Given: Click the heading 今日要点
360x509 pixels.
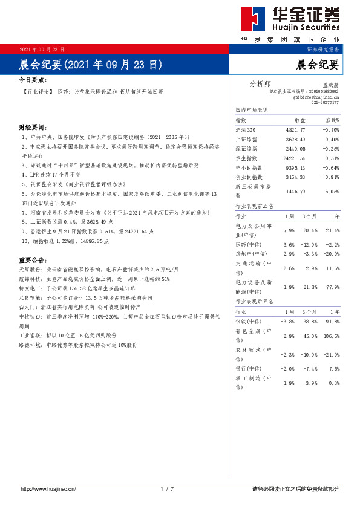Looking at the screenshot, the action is tap(32, 79).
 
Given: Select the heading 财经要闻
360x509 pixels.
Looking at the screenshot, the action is tap(32, 128).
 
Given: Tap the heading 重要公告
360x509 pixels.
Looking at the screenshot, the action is tap(32, 259).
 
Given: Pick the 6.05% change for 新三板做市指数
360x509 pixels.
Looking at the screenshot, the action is tap(331, 191).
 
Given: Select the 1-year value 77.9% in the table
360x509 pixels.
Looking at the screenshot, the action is tap(332, 287).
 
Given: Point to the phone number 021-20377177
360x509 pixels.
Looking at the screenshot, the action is tap(325, 102).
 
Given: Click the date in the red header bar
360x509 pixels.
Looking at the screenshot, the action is tap(42, 49).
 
